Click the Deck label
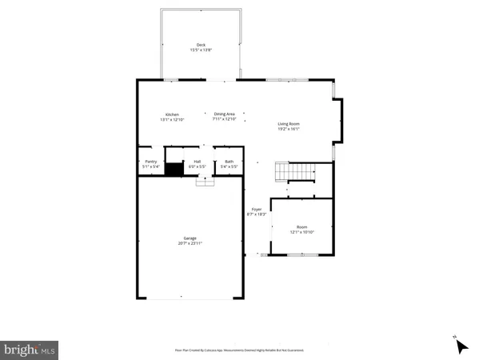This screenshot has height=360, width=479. click(x=201, y=45)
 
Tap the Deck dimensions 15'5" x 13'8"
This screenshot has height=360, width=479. click(x=201, y=50)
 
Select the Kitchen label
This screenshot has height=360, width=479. click(x=172, y=114)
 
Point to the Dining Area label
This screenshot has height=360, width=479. click(x=224, y=114)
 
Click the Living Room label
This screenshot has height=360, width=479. click(x=288, y=123)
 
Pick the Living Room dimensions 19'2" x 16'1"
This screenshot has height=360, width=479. click(x=288, y=129)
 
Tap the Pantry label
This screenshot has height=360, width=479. click(x=150, y=162)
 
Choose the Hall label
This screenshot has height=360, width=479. click(x=197, y=162)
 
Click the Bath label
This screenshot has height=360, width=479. click(x=229, y=162)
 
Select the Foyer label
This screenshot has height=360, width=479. click(x=257, y=210)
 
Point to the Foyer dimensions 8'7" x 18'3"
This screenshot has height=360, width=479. click(x=257, y=215)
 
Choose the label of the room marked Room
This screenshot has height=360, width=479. click(x=302, y=227)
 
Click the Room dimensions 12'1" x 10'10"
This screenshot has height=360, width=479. click(x=302, y=233)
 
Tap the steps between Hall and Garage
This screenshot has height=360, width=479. click(x=206, y=182)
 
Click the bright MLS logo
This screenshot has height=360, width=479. click(x=30, y=349)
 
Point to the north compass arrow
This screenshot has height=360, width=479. click(x=460, y=345)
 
